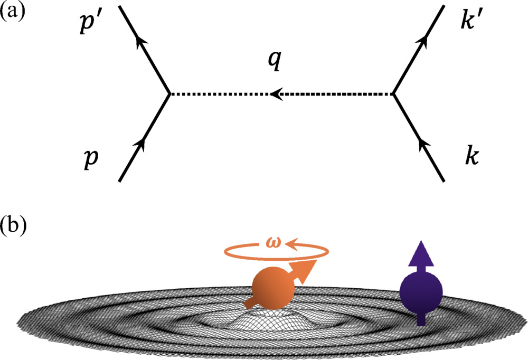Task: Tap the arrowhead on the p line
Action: coord(141,142)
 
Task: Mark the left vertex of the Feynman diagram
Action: coord(168,94)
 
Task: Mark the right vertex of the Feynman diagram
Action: coord(393,94)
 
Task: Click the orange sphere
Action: coord(270,289)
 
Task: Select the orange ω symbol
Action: coord(272,243)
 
